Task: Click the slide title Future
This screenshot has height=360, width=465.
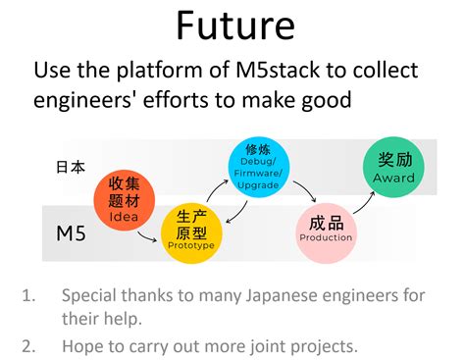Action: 235,26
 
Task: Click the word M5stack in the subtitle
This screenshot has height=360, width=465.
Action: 278,70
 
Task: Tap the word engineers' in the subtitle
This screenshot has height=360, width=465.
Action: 85,100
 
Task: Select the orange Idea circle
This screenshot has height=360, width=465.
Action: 125,200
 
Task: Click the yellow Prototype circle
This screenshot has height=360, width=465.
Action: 191,232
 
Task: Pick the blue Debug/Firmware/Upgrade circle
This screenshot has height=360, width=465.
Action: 259,167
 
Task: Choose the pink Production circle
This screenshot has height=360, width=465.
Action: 327,232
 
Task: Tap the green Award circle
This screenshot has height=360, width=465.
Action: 393,167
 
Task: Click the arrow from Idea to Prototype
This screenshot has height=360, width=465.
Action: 146,237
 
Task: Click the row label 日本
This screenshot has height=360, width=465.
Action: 71,167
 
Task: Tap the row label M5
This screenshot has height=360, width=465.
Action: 71,233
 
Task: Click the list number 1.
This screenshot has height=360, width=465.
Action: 28,295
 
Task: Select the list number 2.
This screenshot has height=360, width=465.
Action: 28,346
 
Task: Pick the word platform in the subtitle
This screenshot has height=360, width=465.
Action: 159,71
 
